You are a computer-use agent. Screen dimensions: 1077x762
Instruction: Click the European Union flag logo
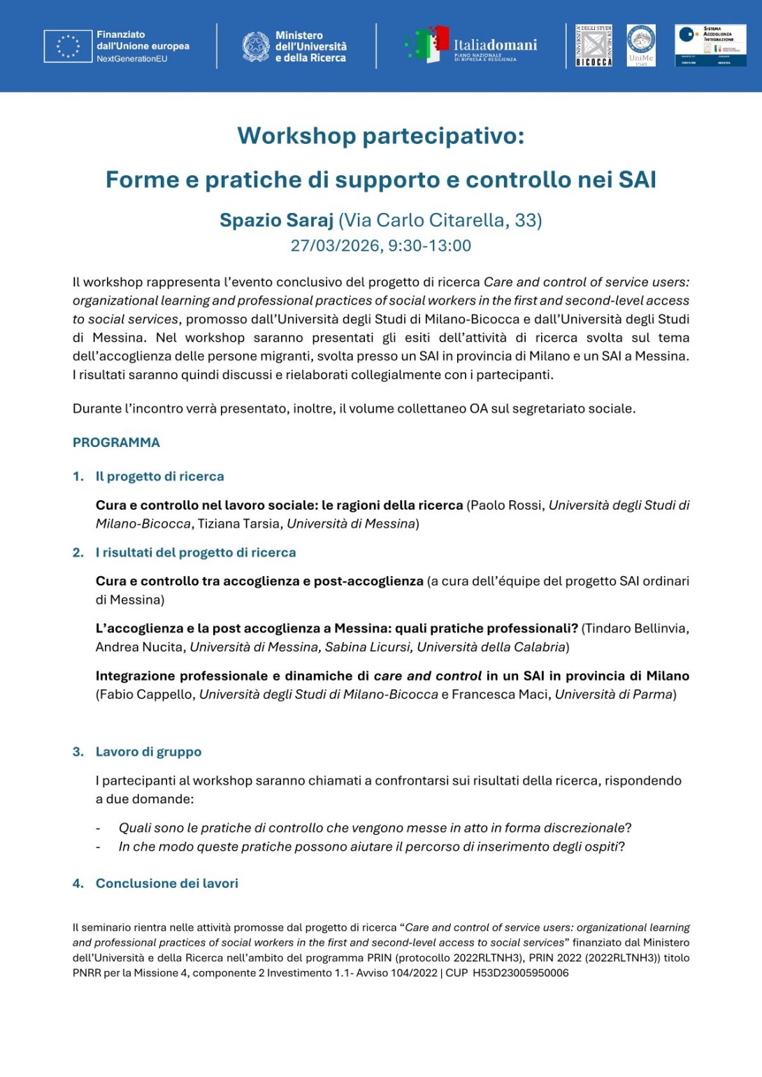[68, 46]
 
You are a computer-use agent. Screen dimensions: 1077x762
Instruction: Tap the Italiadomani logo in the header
[471, 46]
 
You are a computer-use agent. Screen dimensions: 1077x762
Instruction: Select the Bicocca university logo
[594, 46]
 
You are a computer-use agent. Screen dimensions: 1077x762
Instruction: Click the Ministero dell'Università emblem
[256, 47]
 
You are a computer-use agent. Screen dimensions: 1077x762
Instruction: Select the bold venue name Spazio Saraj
[276, 221]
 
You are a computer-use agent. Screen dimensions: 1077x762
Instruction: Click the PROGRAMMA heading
[116, 443]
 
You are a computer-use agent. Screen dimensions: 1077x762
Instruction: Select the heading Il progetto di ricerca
[159, 476]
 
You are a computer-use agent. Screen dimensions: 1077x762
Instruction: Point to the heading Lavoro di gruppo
[148, 752]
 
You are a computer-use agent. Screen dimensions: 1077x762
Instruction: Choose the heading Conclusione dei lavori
[166, 884]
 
